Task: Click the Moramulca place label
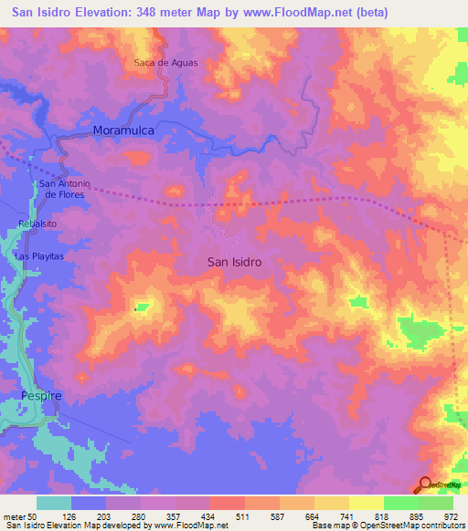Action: click(x=122, y=131)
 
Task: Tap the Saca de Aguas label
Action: click(x=165, y=63)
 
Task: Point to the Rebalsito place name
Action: click(x=37, y=223)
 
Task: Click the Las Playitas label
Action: click(x=40, y=256)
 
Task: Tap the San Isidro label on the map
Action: click(x=234, y=262)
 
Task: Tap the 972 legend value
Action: click(x=449, y=515)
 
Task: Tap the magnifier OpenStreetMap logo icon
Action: click(x=425, y=484)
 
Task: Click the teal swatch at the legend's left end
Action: click(x=54, y=502)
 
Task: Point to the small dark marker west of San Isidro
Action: click(x=135, y=308)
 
